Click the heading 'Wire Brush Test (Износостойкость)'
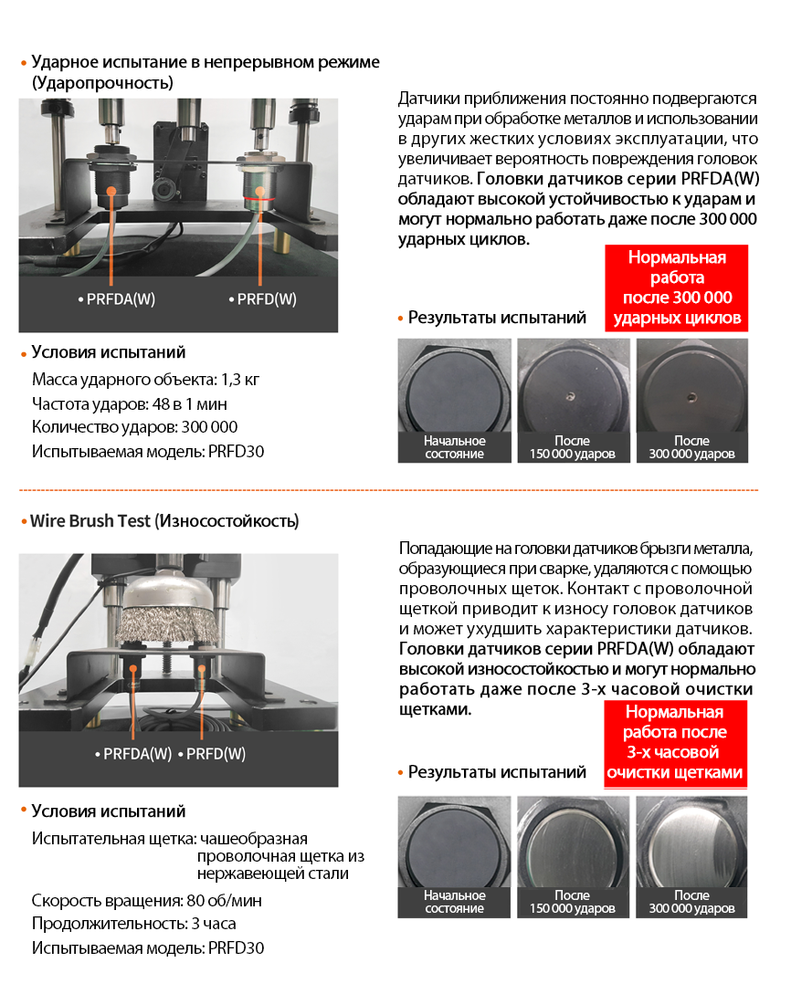[x=164, y=522]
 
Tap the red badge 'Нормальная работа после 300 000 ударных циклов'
[x=677, y=288]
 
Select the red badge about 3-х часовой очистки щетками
[x=675, y=742]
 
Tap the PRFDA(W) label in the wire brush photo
[x=133, y=754]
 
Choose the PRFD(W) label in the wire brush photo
[x=212, y=754]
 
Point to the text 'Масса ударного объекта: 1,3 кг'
[x=139, y=380]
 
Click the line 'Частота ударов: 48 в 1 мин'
[x=130, y=403]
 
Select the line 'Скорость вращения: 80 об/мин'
[x=146, y=901]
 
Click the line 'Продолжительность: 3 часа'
[x=133, y=924]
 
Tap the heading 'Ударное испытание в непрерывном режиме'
[x=206, y=62]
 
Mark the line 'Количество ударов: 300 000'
[x=134, y=427]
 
